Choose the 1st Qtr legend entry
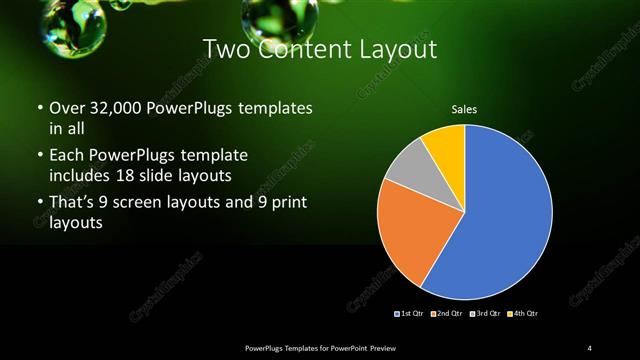tap(411, 313)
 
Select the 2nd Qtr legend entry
tap(448, 313)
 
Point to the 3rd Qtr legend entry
tap(485, 313)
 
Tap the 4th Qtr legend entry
tap(522, 313)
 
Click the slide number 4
tap(589, 347)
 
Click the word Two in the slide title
tap(226, 48)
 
